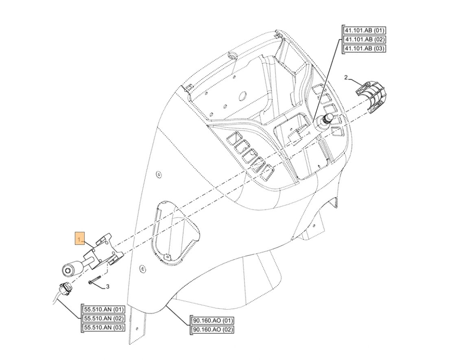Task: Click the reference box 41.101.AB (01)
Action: pyautogui.click(x=364, y=31)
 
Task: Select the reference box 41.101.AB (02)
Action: pyautogui.click(x=364, y=39)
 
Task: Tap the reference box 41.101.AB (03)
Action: pyautogui.click(x=364, y=49)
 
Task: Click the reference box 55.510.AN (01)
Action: pyautogui.click(x=104, y=309)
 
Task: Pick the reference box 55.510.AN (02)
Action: pyautogui.click(x=104, y=319)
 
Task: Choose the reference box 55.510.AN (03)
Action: pyautogui.click(x=104, y=327)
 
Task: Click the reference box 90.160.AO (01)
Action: pyautogui.click(x=212, y=320)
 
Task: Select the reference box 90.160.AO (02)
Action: pyautogui.click(x=212, y=329)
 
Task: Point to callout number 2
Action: pyautogui.click(x=346, y=77)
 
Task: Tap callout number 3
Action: pyautogui.click(x=107, y=287)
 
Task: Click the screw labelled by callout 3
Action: pyautogui.click(x=95, y=280)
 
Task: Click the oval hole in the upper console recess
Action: pyautogui.click(x=243, y=96)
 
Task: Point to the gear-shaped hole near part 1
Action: pyautogui.click(x=142, y=268)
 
